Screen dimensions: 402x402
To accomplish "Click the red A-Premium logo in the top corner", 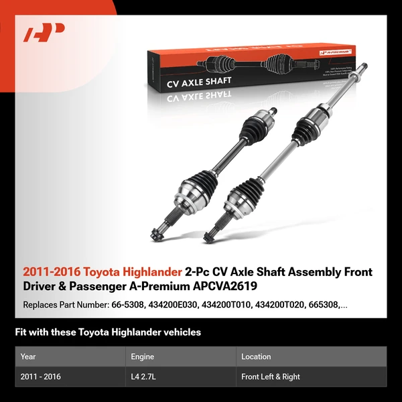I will tap(44, 32).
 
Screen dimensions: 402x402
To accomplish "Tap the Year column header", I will tap(28, 356).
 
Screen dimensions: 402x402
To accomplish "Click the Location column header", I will tap(256, 356).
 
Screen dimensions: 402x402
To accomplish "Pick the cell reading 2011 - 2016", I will tap(41, 377).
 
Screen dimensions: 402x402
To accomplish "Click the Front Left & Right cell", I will tap(271, 377).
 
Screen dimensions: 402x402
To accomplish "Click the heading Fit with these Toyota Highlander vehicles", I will tap(108, 332).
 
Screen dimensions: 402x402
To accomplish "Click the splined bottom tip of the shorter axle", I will tap(157, 234).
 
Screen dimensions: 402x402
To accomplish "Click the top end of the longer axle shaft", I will tap(364, 66).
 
